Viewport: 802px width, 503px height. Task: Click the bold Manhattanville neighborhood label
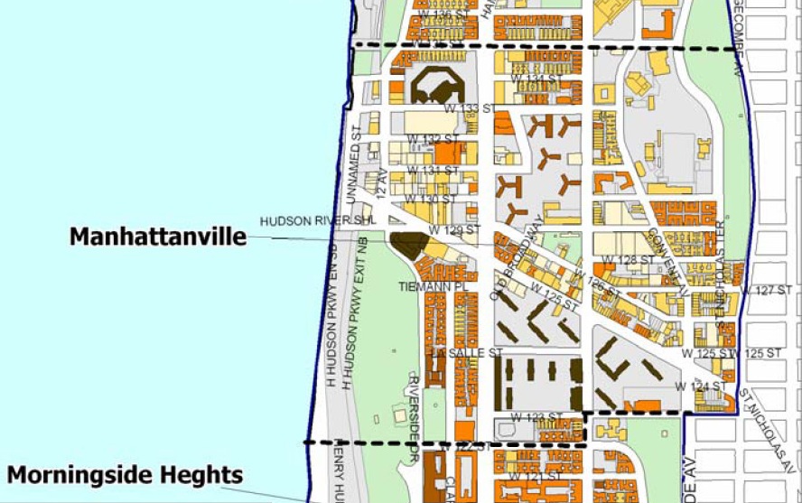[158, 237]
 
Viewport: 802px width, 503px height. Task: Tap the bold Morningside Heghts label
[126, 474]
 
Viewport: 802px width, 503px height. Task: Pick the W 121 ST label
[534, 475]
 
